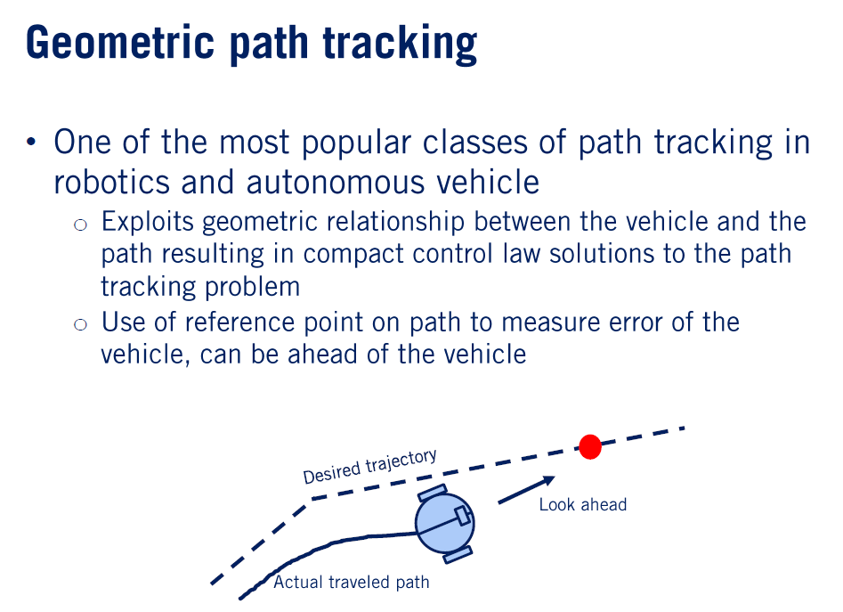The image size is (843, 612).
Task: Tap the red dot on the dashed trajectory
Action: (x=589, y=446)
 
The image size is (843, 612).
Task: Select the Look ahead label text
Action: (x=582, y=505)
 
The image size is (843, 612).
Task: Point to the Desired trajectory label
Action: (x=369, y=466)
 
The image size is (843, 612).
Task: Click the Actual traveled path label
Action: (x=351, y=583)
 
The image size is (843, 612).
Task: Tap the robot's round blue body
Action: (x=442, y=526)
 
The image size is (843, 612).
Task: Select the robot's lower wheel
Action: (x=458, y=556)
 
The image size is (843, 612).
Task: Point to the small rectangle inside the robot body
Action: (x=462, y=516)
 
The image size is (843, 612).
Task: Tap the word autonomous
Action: (x=341, y=182)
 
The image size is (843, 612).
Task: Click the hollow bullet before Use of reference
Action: (x=81, y=324)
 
